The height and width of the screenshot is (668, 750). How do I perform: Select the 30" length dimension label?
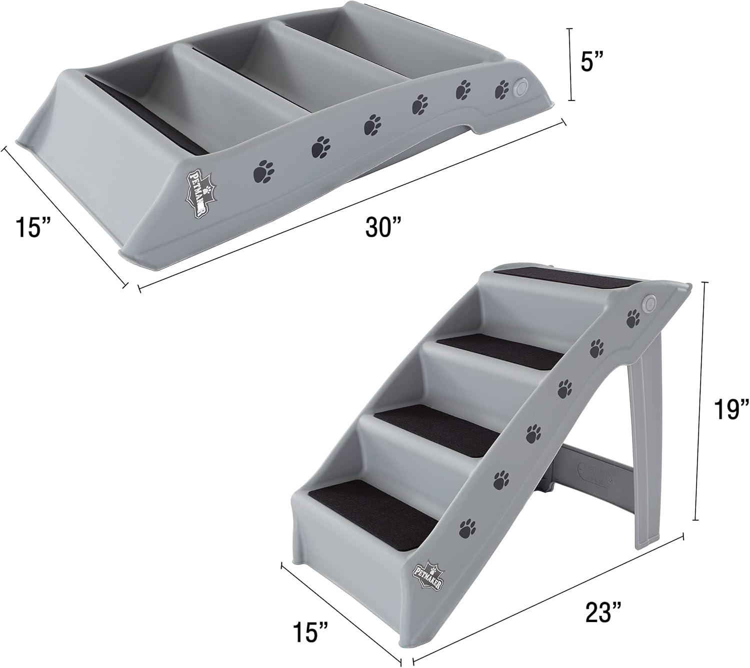point(383,228)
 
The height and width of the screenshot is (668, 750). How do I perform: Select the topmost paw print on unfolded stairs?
point(633,317)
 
